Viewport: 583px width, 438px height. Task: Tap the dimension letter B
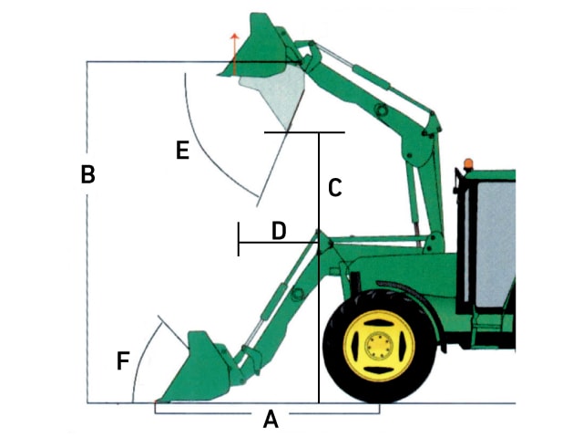coord(87,174)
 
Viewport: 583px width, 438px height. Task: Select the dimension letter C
coord(335,187)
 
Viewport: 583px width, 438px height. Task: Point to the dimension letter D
coord(279,231)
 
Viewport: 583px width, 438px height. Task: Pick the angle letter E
coord(182,150)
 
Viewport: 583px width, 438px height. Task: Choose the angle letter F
coord(123,360)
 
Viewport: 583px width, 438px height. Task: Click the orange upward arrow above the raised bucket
coord(234,53)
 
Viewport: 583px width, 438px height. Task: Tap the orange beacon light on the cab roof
coord(468,163)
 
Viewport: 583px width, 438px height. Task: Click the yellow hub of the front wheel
coord(379,346)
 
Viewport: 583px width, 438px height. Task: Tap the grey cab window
coord(496,244)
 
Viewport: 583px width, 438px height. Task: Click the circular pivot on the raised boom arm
coord(381,110)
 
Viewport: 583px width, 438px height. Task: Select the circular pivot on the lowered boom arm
coord(298,294)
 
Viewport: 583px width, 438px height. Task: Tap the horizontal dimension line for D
coord(278,243)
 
